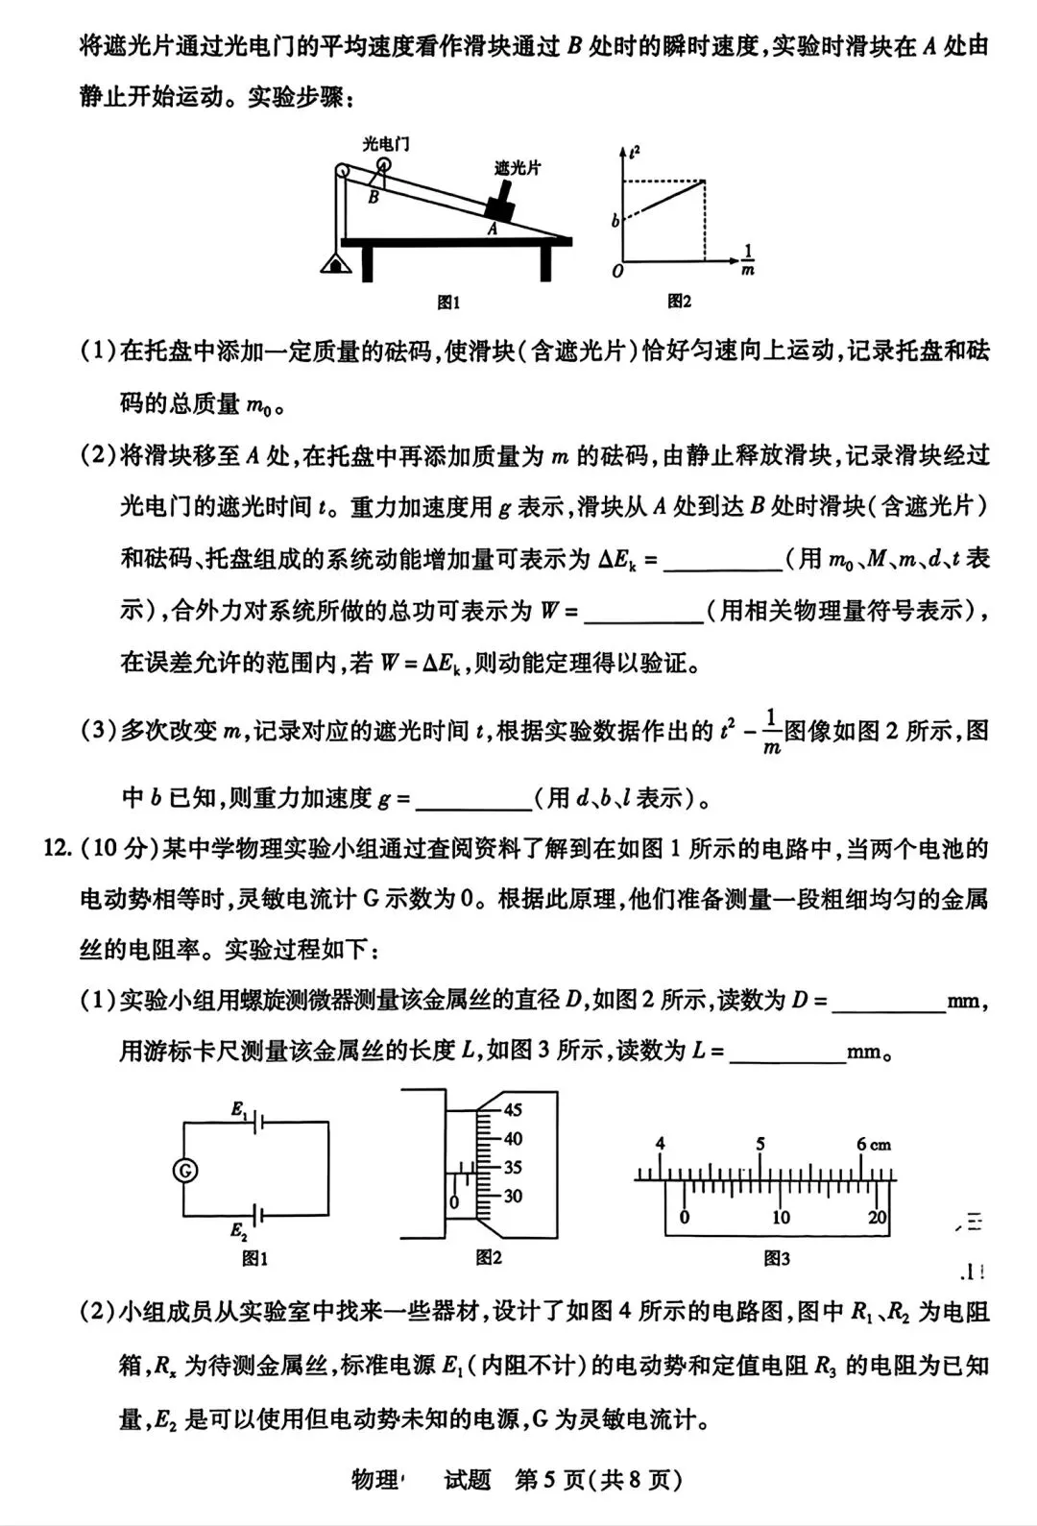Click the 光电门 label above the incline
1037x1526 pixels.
click(x=386, y=144)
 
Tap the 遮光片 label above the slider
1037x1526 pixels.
click(x=518, y=167)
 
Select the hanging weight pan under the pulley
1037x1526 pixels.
click(x=336, y=262)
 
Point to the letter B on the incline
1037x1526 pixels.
click(x=374, y=198)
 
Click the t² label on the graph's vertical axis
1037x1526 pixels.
click(x=634, y=151)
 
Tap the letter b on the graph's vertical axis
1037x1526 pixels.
click(x=615, y=221)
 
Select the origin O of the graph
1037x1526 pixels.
click(x=617, y=272)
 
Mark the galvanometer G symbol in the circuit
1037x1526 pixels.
click(x=184, y=1170)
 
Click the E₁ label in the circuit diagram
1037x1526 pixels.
click(x=239, y=1109)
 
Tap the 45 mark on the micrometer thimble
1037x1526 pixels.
click(x=513, y=1110)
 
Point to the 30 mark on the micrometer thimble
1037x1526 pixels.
click(x=513, y=1197)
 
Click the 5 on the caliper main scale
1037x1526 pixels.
click(x=760, y=1144)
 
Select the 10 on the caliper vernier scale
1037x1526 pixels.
click(x=781, y=1218)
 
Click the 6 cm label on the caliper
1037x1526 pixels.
click(x=873, y=1144)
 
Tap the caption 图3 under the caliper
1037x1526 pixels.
click(x=776, y=1258)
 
